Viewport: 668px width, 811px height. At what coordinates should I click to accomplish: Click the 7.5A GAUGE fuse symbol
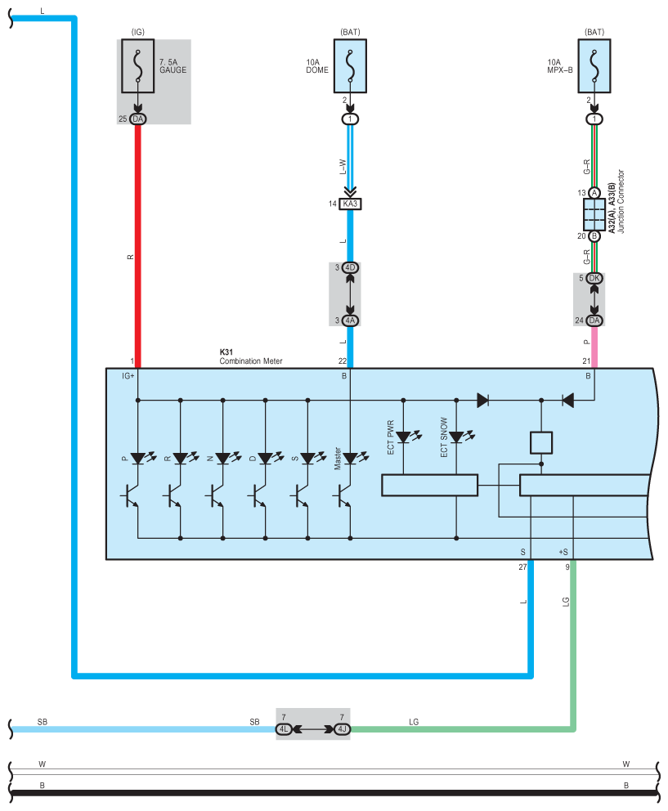tap(137, 66)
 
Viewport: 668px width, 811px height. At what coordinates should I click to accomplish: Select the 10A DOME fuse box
tap(350, 66)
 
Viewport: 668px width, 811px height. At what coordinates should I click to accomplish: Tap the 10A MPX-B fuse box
tap(594, 66)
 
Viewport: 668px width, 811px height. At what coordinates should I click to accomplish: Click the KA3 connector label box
tap(350, 204)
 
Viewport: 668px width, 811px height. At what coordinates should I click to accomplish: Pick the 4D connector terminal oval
tap(350, 268)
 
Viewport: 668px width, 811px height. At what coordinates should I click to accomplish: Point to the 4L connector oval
tap(284, 729)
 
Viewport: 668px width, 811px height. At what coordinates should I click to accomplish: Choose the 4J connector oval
tap(342, 729)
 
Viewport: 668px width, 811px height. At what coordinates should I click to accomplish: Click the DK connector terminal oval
tap(594, 278)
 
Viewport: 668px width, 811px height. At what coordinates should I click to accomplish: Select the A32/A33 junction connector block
tap(594, 215)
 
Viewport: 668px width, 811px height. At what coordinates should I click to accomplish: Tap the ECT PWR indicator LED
tap(404, 437)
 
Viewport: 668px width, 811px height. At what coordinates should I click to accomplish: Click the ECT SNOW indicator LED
tap(457, 437)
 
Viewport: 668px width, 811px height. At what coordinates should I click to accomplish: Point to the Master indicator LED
tap(351, 459)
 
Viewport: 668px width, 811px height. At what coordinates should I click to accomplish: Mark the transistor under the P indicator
tap(132, 495)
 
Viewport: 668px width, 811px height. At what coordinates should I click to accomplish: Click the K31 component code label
tap(226, 352)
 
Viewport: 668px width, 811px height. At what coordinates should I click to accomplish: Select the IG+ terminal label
tap(128, 376)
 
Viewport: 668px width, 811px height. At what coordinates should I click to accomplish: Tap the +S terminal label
tap(563, 552)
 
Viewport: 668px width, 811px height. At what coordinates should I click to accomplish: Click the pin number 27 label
tap(522, 567)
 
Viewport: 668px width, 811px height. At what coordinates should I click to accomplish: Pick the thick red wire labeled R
tap(138, 246)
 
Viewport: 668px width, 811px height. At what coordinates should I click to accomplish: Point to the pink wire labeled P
tap(594, 347)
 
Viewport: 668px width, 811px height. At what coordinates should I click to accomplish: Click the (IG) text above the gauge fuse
tap(138, 32)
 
